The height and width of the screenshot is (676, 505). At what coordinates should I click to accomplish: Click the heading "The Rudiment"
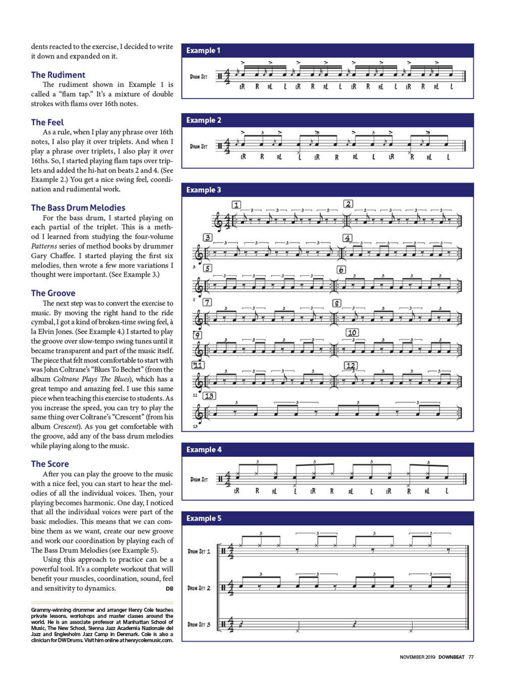(x=58, y=75)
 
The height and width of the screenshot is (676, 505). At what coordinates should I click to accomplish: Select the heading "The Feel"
(x=47, y=122)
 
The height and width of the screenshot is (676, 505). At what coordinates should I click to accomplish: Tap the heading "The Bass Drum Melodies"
(x=78, y=207)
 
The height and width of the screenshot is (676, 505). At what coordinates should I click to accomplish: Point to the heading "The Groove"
(x=53, y=293)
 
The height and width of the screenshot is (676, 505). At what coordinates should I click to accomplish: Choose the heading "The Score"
(x=50, y=463)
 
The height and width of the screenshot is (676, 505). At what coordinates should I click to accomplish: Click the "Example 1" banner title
(x=203, y=50)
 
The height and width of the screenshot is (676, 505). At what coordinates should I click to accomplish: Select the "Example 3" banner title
(x=203, y=190)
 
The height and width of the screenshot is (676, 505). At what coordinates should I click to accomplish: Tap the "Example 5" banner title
(x=203, y=518)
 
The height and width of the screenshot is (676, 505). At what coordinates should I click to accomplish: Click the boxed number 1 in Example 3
(x=236, y=204)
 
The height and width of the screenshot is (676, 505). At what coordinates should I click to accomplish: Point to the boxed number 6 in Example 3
(x=342, y=270)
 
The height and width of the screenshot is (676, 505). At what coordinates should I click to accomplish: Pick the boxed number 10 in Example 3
(x=352, y=333)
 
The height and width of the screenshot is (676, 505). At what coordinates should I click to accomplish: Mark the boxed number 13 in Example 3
(x=209, y=396)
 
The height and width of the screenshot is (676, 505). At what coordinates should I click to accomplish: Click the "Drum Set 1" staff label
(x=199, y=551)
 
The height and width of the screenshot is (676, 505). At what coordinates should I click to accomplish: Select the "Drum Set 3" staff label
(x=199, y=625)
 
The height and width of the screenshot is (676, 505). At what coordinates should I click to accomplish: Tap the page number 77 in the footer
(x=471, y=657)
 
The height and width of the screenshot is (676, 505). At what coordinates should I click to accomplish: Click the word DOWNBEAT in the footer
(x=451, y=657)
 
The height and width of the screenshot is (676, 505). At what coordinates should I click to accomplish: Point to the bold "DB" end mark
(x=170, y=589)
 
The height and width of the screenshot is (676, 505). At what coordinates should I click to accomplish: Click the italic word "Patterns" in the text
(x=44, y=246)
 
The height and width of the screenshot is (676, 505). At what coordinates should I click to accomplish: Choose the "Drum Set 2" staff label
(x=199, y=588)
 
